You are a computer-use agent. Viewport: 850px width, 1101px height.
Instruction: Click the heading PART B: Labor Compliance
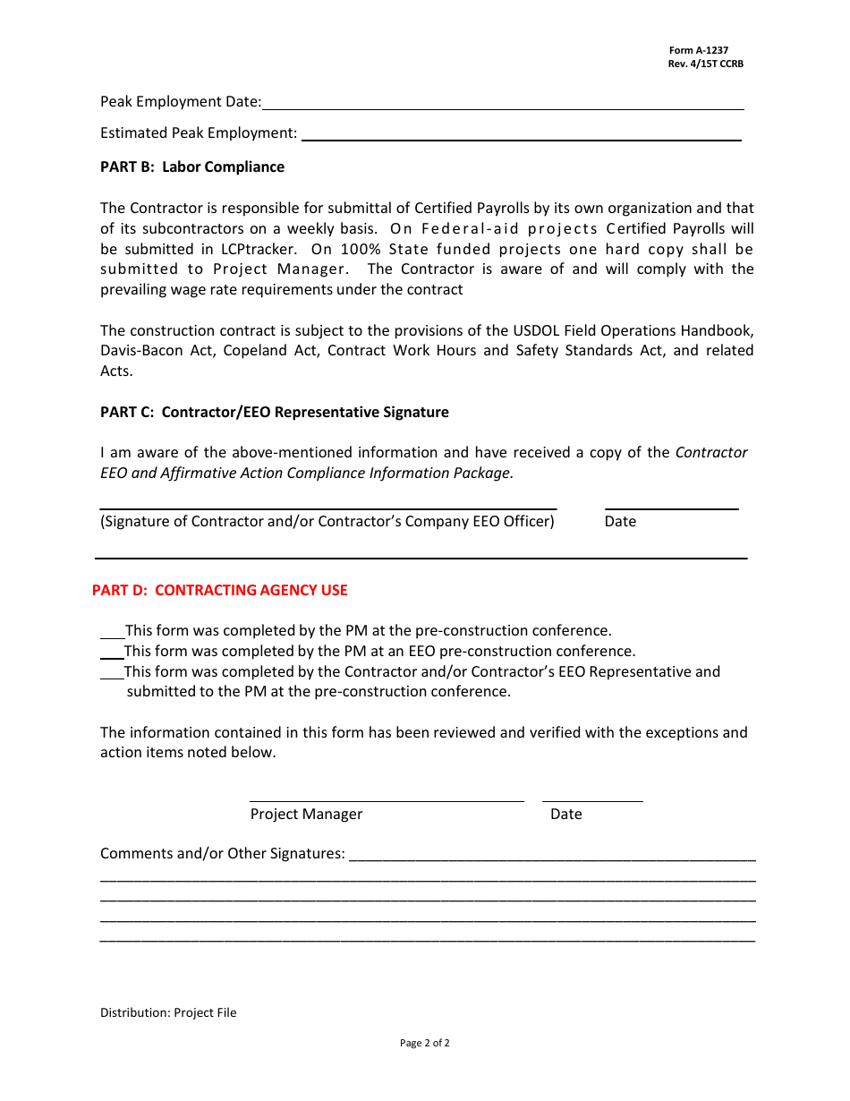tap(191, 167)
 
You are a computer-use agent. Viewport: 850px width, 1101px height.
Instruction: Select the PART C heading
tap(274, 413)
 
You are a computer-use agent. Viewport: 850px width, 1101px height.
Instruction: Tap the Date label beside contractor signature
tap(620, 522)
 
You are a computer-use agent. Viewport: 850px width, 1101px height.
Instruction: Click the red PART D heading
tap(219, 591)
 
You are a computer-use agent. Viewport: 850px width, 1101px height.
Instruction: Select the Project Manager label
tap(306, 815)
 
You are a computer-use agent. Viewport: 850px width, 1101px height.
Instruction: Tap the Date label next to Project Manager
tap(565, 815)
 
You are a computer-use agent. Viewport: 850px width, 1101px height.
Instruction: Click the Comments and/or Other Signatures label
tap(222, 854)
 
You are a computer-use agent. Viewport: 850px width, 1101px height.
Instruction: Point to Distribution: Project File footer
tap(168, 1013)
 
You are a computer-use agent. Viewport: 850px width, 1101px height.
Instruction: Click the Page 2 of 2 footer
tap(424, 1043)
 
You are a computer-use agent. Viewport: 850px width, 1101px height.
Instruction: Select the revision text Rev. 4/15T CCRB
tap(705, 64)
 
